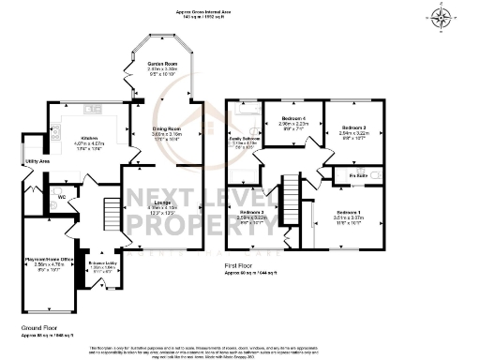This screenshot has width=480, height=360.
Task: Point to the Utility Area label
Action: point(37,161)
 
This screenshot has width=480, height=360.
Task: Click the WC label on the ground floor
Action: point(60,198)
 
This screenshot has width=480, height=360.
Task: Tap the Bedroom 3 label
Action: point(252,212)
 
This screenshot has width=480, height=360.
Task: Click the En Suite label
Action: point(356,174)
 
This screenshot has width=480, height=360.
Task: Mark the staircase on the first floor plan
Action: point(292,197)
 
